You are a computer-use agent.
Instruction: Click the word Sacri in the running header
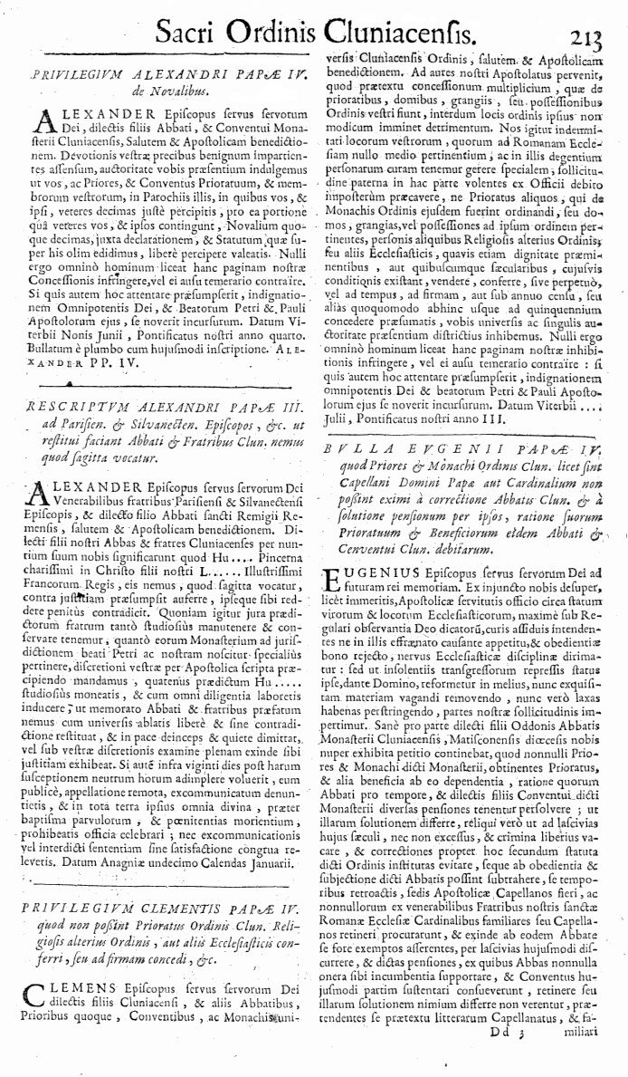192,34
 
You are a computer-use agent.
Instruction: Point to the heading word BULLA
354,446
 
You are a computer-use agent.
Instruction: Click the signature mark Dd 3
507,1054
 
